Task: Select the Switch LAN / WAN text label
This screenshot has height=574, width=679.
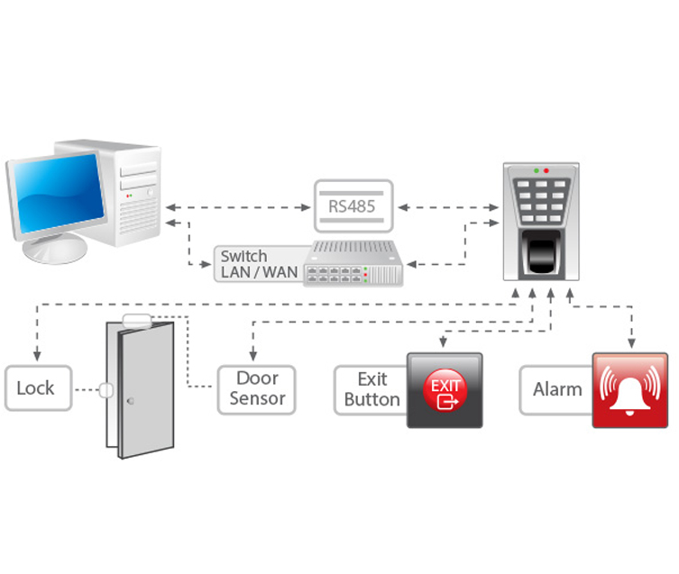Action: (x=259, y=264)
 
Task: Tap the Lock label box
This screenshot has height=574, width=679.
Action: (x=36, y=388)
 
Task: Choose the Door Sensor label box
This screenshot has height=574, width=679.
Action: (x=257, y=388)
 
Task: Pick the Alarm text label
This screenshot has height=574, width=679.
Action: (x=557, y=389)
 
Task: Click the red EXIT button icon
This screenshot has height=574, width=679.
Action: (x=445, y=390)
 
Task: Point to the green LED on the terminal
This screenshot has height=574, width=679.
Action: (x=537, y=170)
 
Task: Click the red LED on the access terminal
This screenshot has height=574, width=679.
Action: (x=546, y=170)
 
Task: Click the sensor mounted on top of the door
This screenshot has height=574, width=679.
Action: (x=138, y=318)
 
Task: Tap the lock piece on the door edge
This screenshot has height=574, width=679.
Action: (x=106, y=390)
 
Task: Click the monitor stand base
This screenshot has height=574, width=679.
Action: (x=56, y=253)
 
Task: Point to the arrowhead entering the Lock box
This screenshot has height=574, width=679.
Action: (x=36, y=360)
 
